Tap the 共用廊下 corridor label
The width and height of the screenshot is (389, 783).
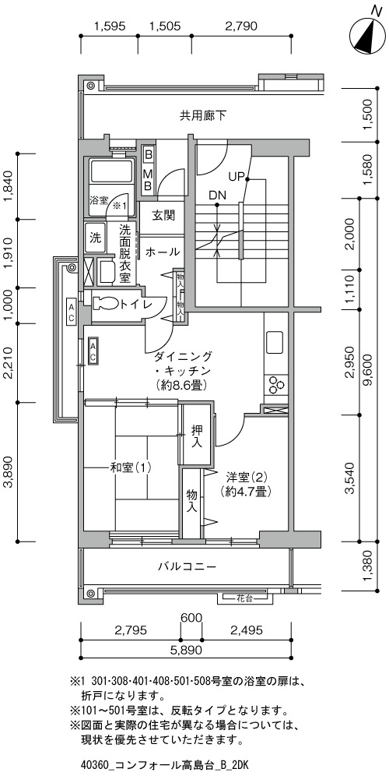click(203, 116)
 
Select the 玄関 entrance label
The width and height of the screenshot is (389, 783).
click(163, 216)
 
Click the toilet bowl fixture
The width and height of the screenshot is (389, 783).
click(105, 303)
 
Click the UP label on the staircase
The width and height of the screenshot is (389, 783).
click(236, 177)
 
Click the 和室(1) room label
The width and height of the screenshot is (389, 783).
click(131, 468)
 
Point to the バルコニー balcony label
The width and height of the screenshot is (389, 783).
click(187, 566)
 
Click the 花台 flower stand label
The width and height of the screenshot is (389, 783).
click(245, 598)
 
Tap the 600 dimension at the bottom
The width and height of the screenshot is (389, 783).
click(191, 618)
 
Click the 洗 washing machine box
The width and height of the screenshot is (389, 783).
click(95, 238)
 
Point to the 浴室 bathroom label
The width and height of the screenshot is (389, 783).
click(99, 201)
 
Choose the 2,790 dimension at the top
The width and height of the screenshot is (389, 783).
click(241, 26)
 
